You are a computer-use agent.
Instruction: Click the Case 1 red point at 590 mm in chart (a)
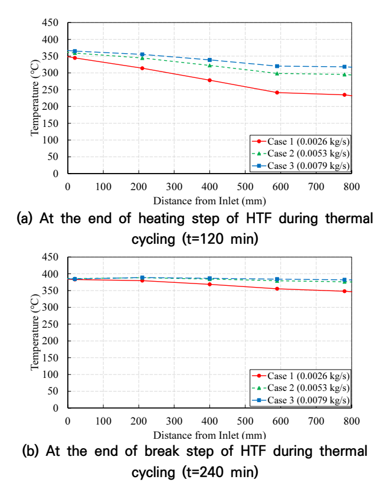(x=277, y=93)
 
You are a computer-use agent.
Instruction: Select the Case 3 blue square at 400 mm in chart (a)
(x=209, y=60)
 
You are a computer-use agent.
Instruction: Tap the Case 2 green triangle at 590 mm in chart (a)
(x=277, y=73)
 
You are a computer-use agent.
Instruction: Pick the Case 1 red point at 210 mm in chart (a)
(x=142, y=68)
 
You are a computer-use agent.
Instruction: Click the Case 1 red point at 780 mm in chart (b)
(x=345, y=291)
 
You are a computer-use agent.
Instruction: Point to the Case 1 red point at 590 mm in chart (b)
(x=277, y=289)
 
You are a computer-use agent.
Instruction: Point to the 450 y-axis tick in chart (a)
(x=50, y=22)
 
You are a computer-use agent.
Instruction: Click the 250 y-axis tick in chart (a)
(x=50, y=90)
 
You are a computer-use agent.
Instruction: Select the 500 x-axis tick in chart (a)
(x=245, y=187)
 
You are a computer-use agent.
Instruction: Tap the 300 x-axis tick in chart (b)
(x=174, y=421)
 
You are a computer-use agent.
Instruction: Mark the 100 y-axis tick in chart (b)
(x=50, y=374)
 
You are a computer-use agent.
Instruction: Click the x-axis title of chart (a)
(x=209, y=201)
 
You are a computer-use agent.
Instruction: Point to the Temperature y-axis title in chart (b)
(x=35, y=332)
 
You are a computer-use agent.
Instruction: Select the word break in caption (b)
(x=162, y=451)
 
